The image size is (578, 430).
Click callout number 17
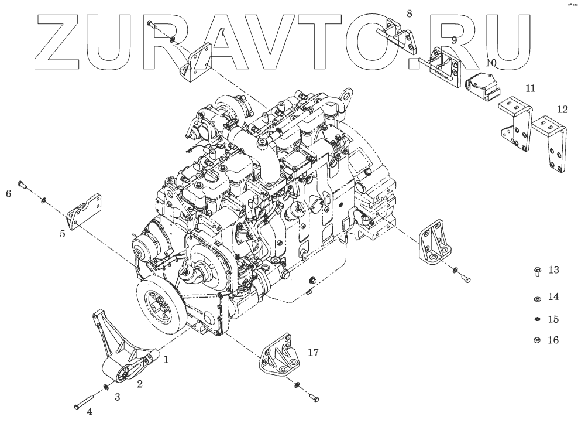coord(314,353)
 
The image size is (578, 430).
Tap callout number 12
coord(562,109)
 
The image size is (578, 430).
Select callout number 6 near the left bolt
coord(9,193)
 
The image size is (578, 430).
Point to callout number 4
coord(90,412)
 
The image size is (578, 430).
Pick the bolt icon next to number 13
coord(537,271)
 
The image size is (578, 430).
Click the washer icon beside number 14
coord(537,298)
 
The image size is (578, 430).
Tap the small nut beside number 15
coord(537,319)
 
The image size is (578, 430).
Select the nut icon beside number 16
coord(537,340)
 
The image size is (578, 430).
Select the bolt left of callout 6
coord(23,186)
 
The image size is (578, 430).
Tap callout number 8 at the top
coord(409,13)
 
